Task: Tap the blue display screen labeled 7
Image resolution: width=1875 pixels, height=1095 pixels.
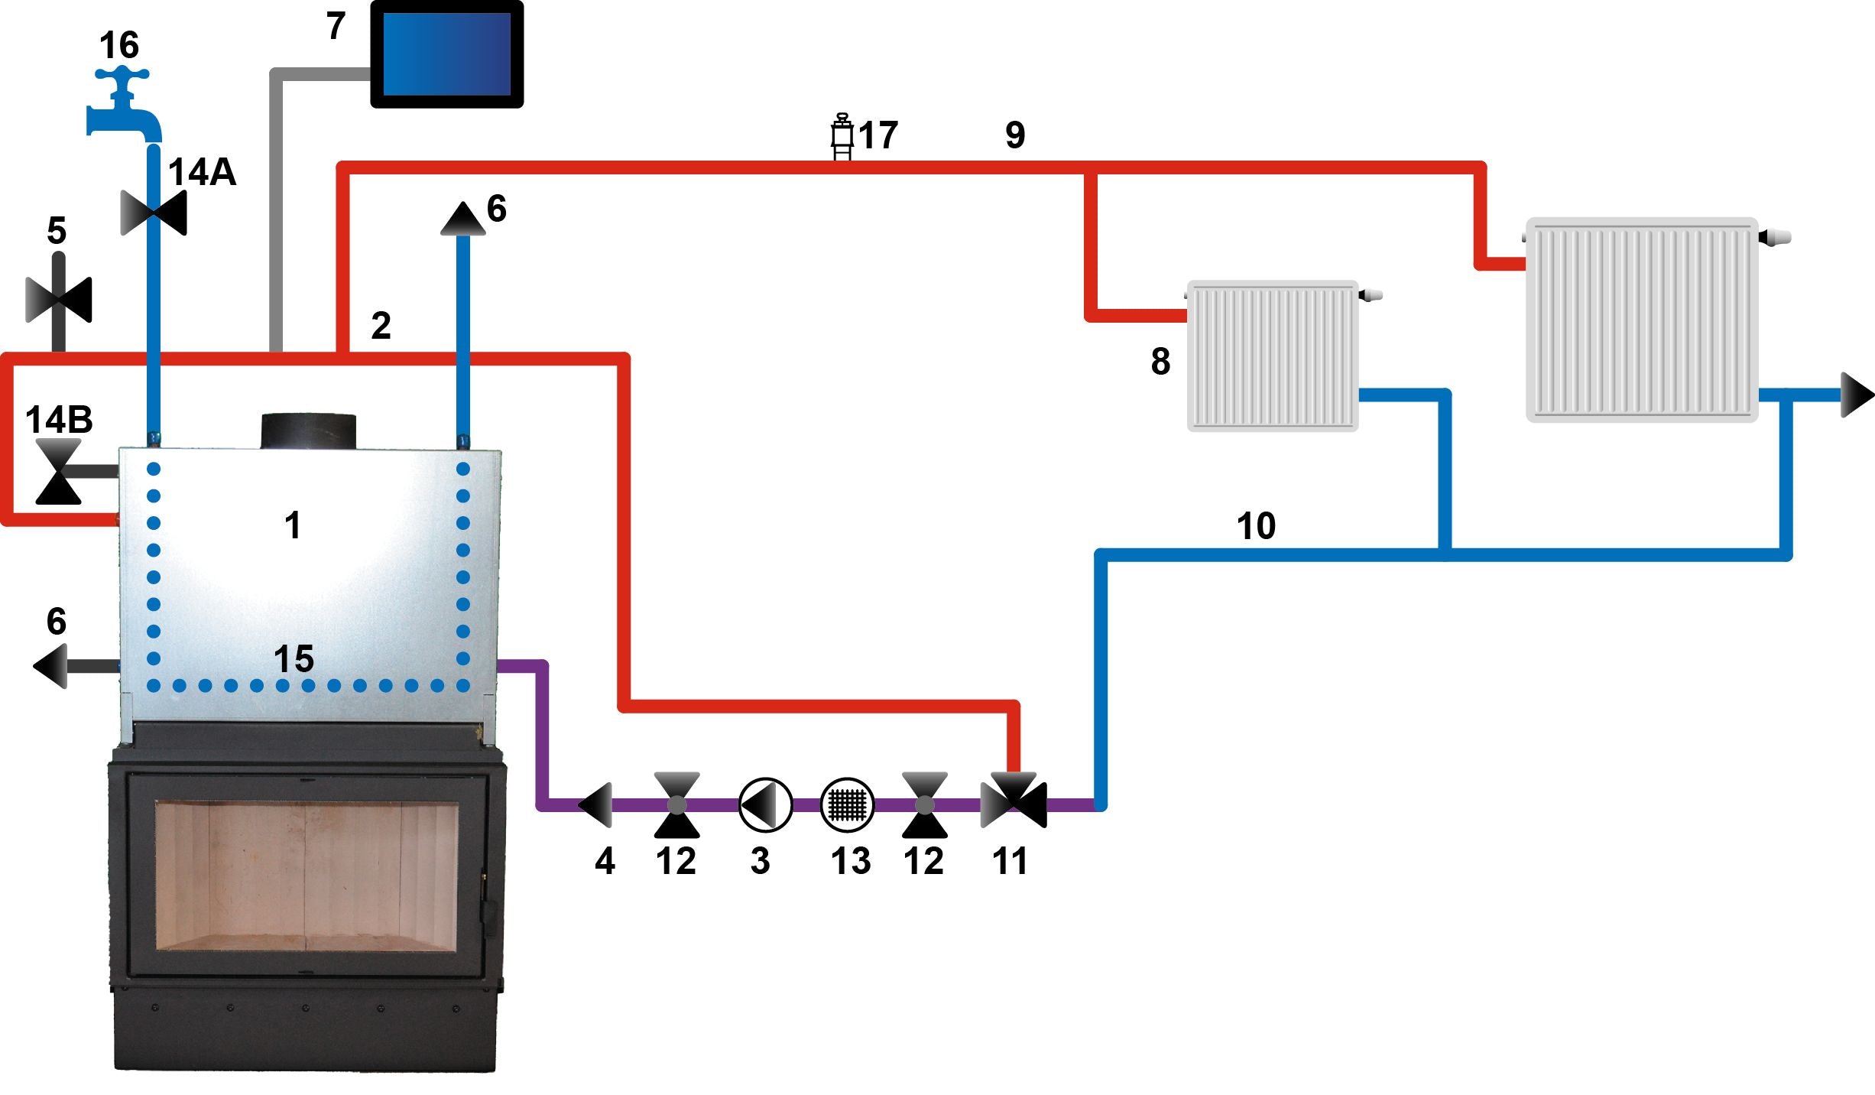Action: (446, 54)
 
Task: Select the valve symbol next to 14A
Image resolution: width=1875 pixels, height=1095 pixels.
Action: (154, 213)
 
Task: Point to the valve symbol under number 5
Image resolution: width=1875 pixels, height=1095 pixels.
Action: (59, 300)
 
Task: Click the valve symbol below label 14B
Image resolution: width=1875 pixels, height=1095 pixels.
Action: (59, 472)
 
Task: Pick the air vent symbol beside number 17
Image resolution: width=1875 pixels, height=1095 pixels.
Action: (842, 138)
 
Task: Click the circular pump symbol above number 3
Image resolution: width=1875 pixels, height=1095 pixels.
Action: (765, 804)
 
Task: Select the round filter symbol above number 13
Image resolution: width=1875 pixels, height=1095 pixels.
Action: (847, 804)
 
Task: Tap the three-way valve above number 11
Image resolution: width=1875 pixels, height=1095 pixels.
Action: (1014, 800)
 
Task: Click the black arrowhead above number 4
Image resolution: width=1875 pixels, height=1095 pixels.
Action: (596, 804)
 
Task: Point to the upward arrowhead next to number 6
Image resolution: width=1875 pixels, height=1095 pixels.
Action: (463, 219)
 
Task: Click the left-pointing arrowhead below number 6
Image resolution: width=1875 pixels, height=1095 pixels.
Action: (51, 666)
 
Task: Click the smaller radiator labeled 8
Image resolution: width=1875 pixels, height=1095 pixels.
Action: (1273, 356)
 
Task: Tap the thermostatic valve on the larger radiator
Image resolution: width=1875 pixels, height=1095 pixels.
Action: (1775, 237)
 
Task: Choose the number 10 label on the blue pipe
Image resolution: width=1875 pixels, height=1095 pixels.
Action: (1256, 526)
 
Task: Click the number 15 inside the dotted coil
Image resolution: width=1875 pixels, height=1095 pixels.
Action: (294, 658)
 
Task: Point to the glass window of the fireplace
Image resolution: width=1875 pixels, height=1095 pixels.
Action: (307, 876)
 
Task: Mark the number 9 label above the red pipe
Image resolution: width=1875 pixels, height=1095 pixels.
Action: (1015, 135)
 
